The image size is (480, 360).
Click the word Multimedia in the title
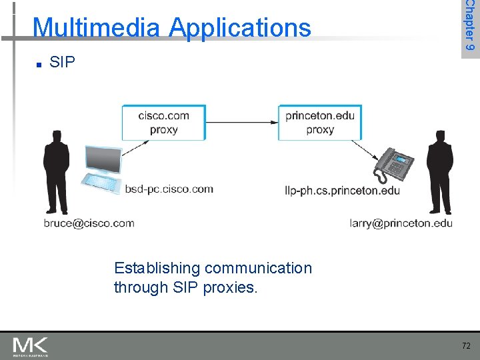(x=96, y=27)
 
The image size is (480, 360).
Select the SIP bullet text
(x=62, y=63)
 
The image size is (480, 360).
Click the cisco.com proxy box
(x=163, y=122)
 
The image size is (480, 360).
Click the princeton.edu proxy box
(x=320, y=122)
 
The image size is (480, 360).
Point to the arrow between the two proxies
(x=241, y=122)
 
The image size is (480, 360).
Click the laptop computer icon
(x=101, y=169)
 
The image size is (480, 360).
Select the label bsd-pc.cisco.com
(x=169, y=189)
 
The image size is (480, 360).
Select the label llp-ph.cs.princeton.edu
(x=342, y=191)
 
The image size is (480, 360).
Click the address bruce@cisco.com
(x=89, y=223)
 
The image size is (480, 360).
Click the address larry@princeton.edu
(x=401, y=223)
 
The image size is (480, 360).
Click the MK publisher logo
(x=30, y=346)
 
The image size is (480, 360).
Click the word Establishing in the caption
(x=157, y=268)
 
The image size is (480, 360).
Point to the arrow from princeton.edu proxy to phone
(x=366, y=149)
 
